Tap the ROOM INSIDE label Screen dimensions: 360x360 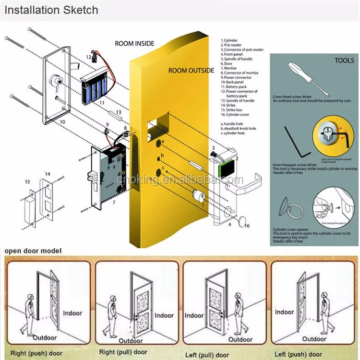(x=134, y=44)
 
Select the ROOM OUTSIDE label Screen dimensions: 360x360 (x=191, y=71)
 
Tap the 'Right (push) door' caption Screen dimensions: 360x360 (x=37, y=353)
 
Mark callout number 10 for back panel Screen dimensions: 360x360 (x=62, y=122)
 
